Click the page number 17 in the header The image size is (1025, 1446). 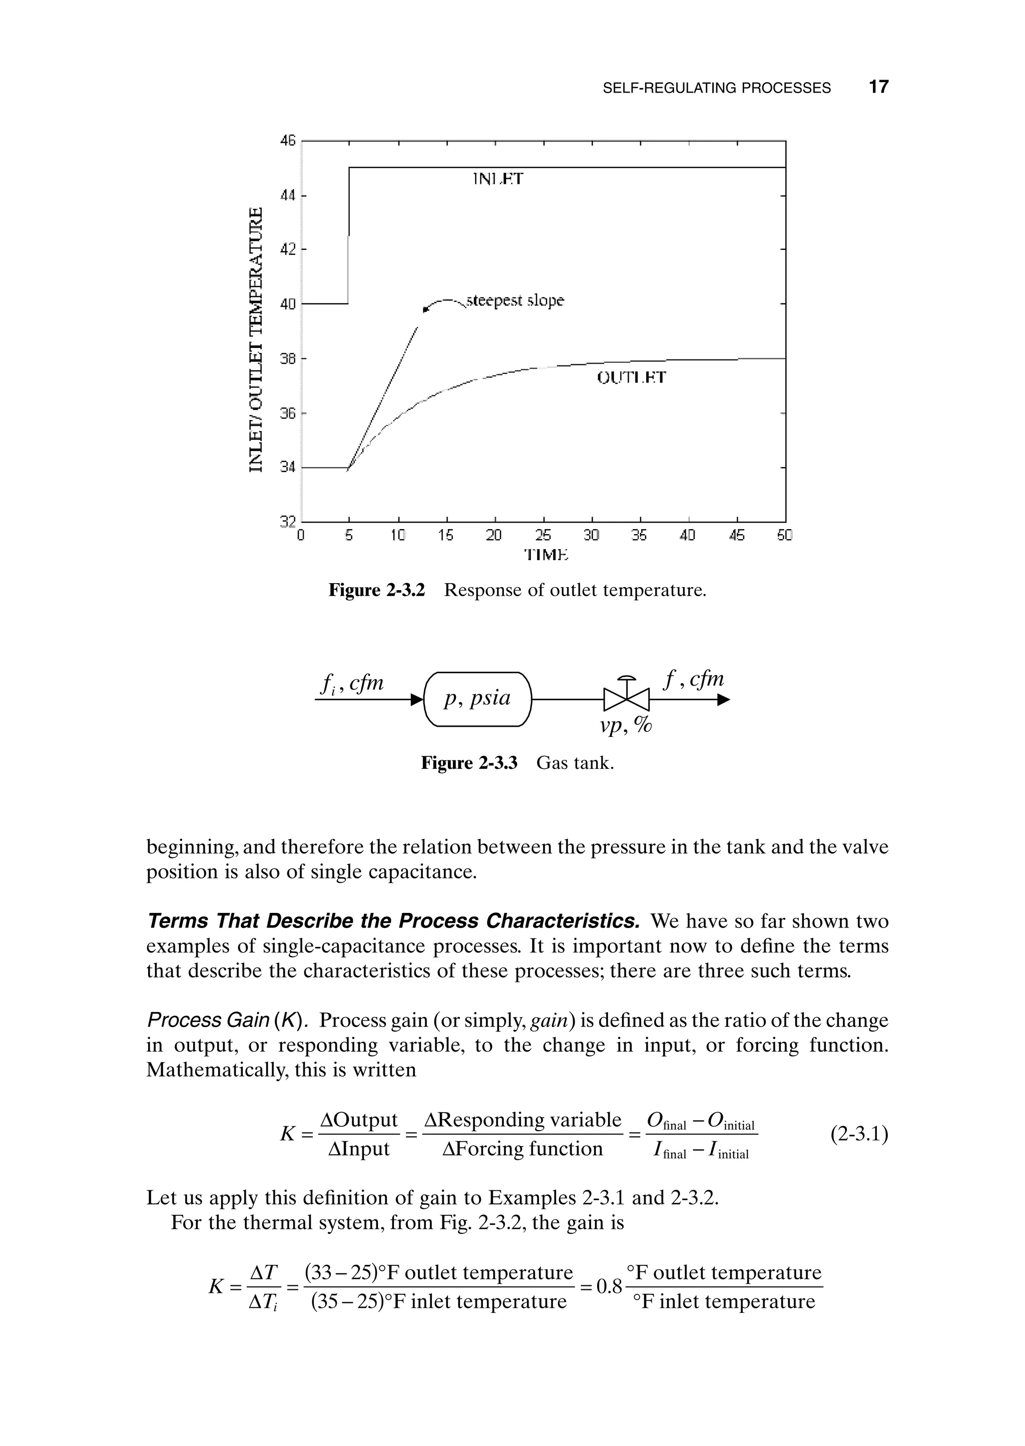878,87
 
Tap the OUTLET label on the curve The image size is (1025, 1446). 631,378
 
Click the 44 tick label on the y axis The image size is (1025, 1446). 288,196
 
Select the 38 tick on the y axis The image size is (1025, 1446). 288,358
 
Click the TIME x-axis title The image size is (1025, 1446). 547,555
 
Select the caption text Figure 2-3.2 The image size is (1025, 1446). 377,591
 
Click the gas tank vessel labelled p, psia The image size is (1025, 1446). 478,699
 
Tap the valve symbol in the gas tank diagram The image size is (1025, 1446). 626,697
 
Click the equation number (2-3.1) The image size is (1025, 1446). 859,1134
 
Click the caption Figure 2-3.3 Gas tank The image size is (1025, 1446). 517,763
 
